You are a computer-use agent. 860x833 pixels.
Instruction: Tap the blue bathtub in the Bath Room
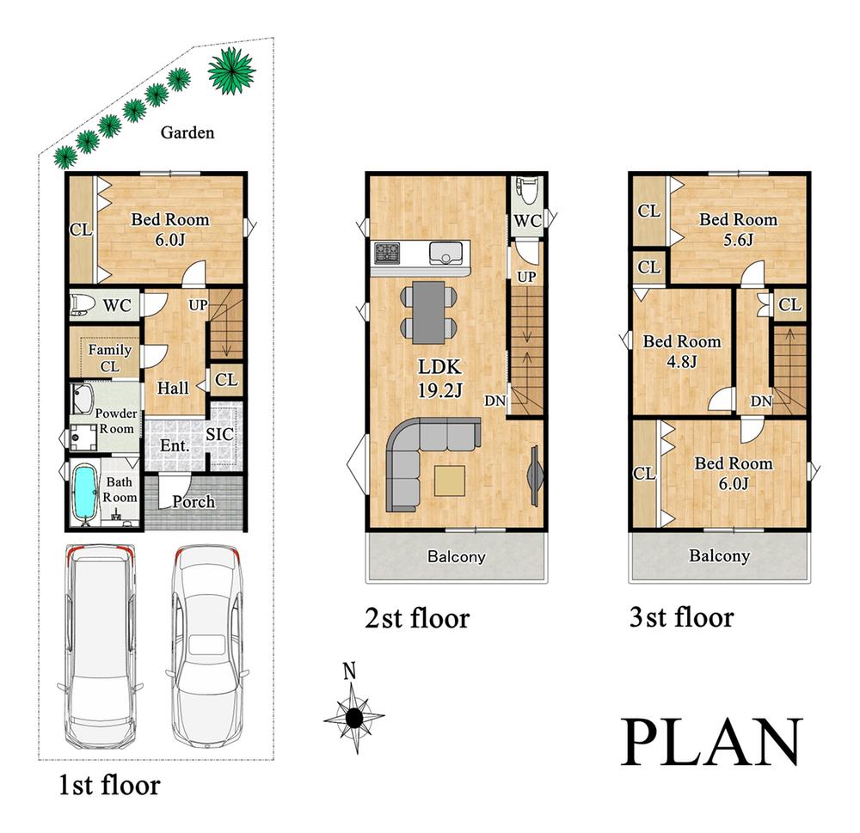85,493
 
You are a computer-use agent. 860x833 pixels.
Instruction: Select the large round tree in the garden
232,70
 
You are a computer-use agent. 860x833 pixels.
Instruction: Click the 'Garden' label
187,132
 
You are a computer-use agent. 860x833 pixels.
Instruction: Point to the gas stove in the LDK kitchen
388,253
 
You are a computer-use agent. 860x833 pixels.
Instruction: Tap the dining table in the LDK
428,313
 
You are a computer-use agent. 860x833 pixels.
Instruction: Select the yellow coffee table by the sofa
450,481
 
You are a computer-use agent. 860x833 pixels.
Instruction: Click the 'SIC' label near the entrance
220,434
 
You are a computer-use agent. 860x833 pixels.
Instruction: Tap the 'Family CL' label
110,358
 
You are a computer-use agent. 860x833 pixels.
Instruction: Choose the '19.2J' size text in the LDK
439,390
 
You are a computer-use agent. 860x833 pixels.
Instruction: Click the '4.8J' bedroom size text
682,361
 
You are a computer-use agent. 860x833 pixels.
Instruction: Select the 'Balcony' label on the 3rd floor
719,555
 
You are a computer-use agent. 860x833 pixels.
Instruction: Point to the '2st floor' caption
417,619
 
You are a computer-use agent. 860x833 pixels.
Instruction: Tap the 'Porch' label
193,501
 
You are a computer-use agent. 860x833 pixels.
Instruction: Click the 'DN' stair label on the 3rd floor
761,401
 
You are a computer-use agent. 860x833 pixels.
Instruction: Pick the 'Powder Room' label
116,421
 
